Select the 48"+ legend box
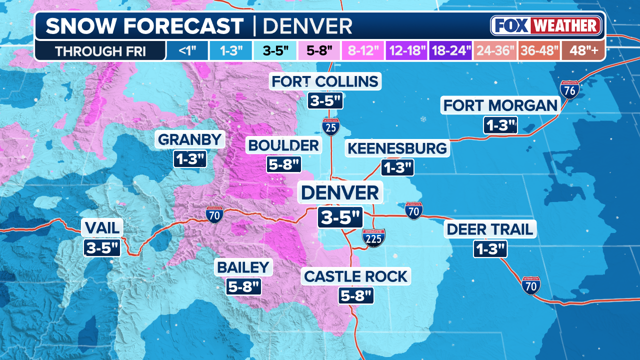[583, 51]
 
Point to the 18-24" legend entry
[450, 51]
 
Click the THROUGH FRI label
[100, 51]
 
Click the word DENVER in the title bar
[307, 26]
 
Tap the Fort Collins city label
[325, 81]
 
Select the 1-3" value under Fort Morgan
[499, 125]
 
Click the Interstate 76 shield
[569, 90]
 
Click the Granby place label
[190, 139]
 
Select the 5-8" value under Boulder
[283, 164]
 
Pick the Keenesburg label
[397, 148]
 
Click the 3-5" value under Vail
[102, 247]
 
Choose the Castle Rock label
[355, 276]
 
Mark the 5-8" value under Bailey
[243, 286]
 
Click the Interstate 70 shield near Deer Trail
[530, 285]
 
